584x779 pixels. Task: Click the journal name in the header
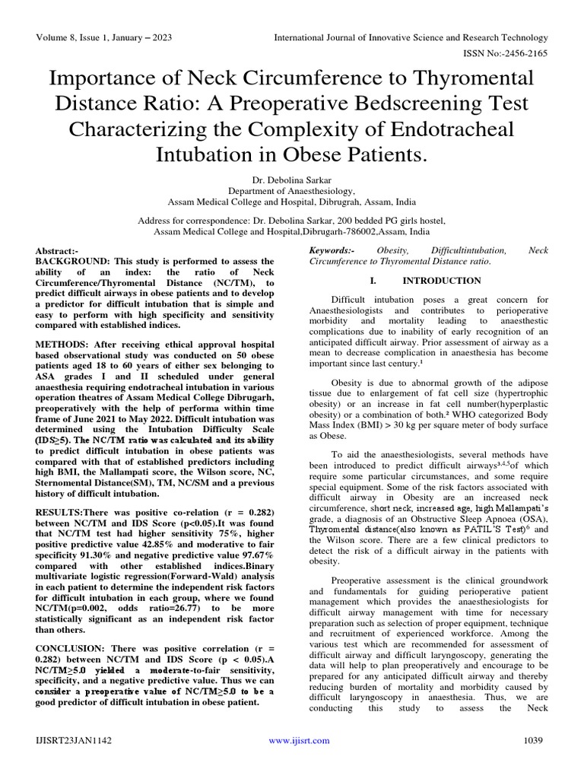pos(411,37)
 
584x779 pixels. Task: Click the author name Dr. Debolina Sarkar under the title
pos(292,180)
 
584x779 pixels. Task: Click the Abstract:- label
pos(57,251)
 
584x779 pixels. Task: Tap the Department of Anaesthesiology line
pos(292,192)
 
